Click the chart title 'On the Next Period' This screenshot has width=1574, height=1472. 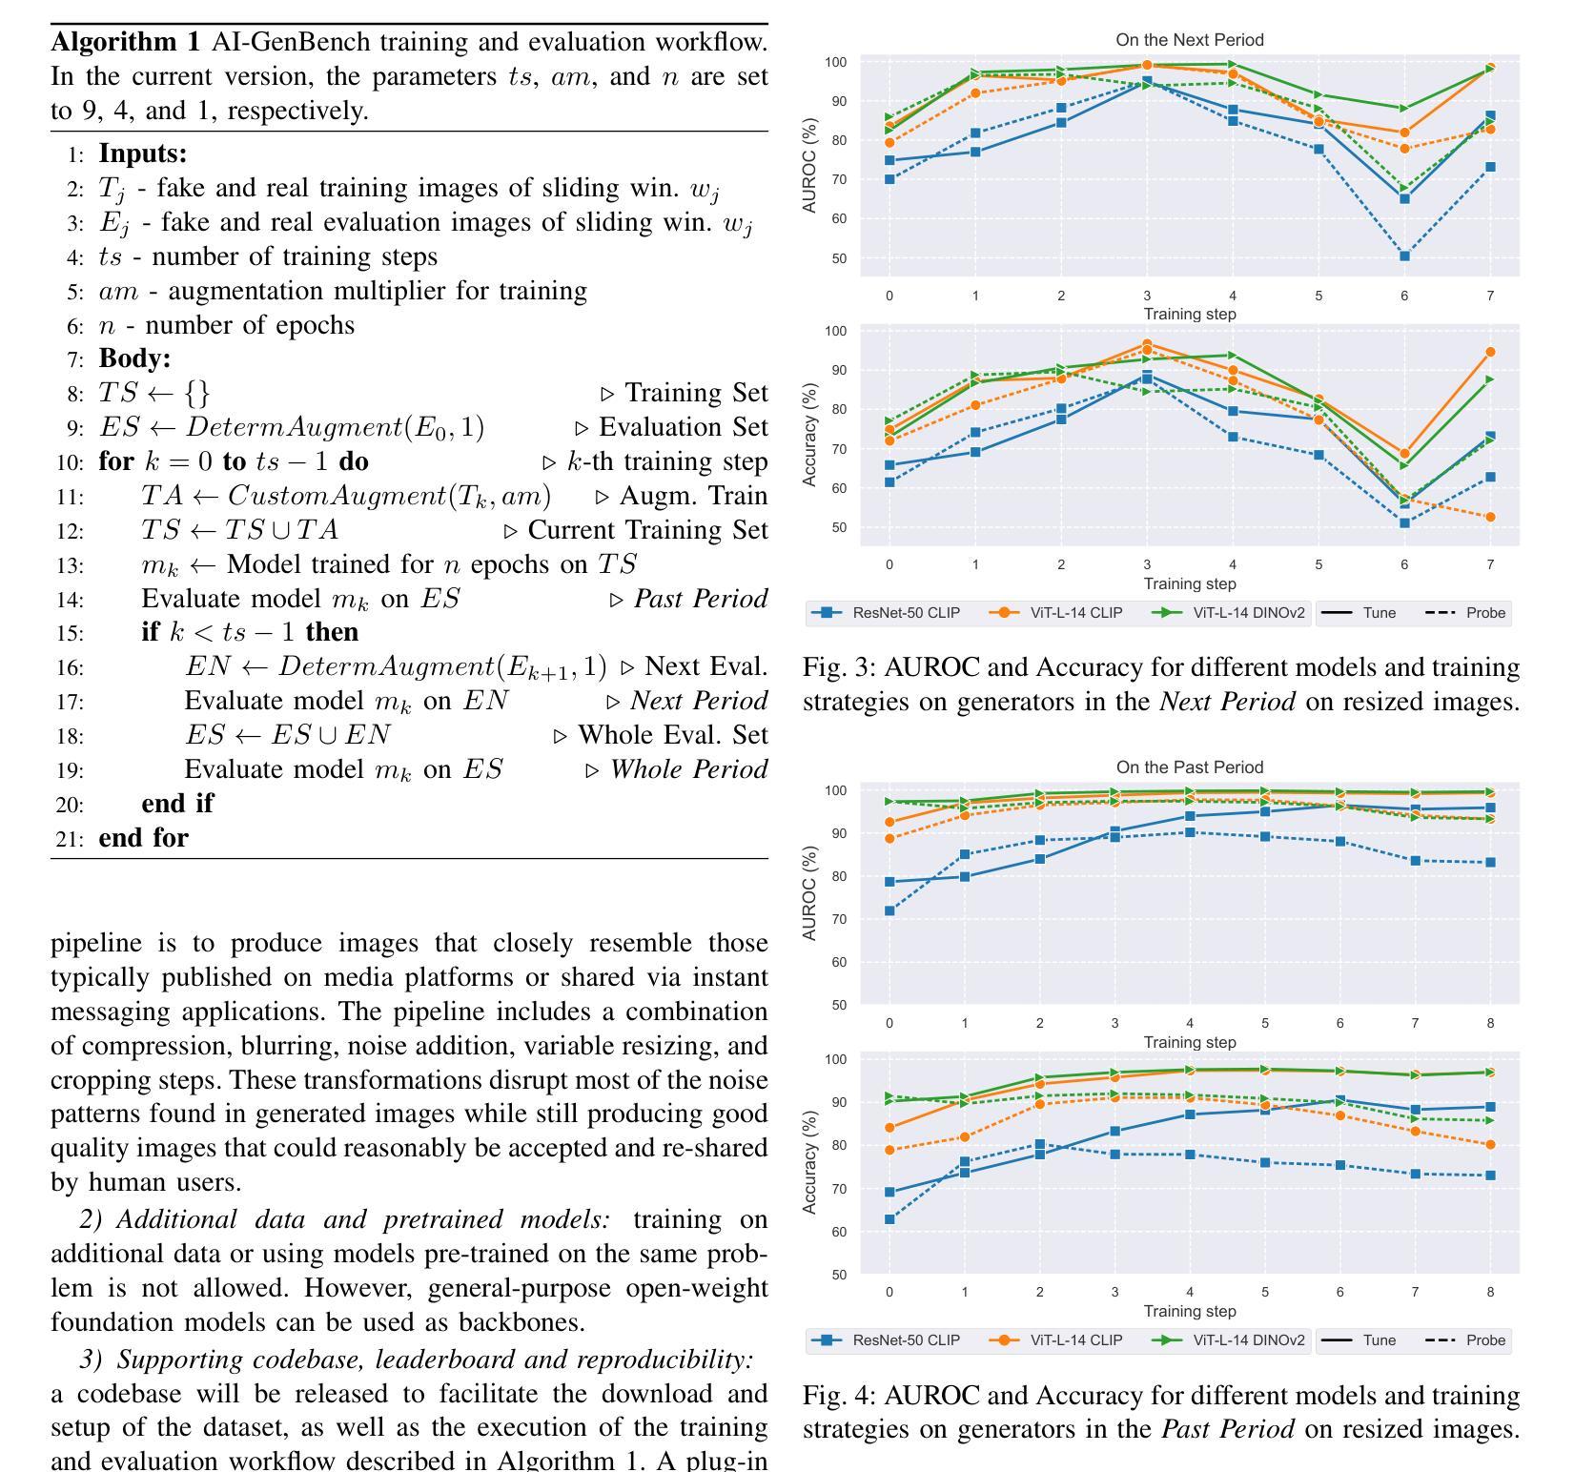point(1189,40)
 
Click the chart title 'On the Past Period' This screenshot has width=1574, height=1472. point(1189,767)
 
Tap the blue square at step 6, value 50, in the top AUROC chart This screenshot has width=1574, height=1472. point(1404,256)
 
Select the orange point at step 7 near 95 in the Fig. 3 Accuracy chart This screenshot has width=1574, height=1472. point(1490,353)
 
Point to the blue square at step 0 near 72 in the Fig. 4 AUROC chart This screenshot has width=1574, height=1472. point(889,910)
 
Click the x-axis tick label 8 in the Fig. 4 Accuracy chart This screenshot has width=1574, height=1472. point(1490,1293)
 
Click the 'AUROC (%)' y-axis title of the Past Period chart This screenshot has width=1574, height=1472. point(811,893)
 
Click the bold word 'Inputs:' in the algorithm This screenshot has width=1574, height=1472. point(143,153)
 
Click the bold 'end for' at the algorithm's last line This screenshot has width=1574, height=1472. point(144,838)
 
